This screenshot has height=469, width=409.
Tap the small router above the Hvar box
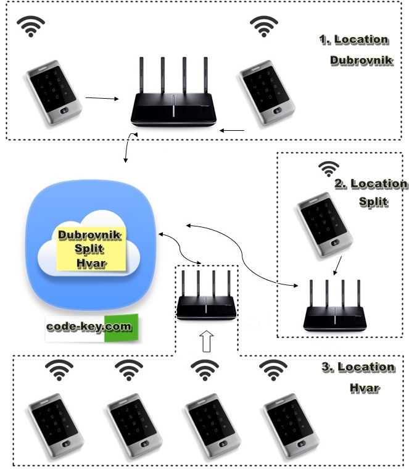click(206, 302)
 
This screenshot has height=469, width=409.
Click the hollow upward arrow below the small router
click(207, 341)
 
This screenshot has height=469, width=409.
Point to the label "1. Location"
click(353, 39)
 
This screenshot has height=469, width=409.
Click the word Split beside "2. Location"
click(373, 202)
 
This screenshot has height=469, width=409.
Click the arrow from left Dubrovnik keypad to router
click(101, 98)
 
